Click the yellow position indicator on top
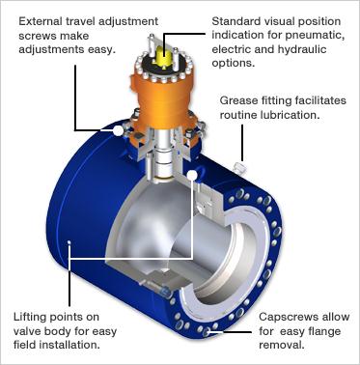pyautogui.click(x=164, y=55)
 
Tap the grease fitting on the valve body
pyautogui.click(x=239, y=167)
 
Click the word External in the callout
pyautogui.click(x=41, y=21)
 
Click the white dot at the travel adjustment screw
pyautogui.click(x=118, y=130)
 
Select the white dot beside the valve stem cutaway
pyautogui.click(x=192, y=175)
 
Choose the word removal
pyautogui.click(x=282, y=345)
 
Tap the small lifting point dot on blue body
pyautogui.click(x=69, y=242)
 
